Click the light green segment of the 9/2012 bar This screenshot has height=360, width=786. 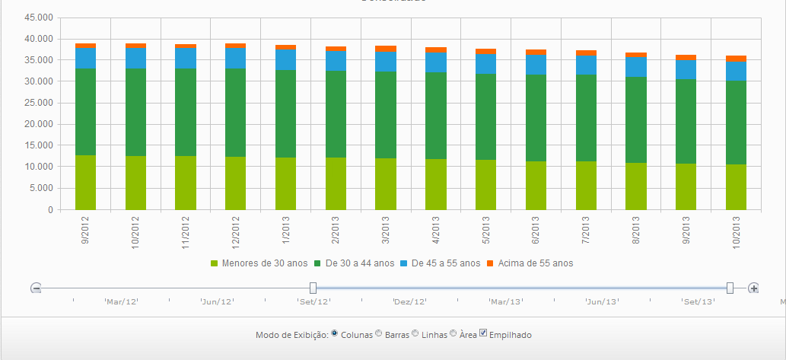85,182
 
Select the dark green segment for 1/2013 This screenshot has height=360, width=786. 285,113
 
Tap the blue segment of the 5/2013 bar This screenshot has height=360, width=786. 485,64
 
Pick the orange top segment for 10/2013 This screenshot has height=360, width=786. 736,59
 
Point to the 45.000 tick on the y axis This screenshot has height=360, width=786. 38,18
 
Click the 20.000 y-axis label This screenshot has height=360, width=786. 38,124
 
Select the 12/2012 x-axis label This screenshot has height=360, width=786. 236,231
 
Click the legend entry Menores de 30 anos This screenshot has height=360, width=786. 259,263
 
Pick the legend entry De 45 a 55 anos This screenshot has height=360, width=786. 441,263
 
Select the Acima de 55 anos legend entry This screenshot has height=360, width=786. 530,263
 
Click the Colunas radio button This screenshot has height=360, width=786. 335,333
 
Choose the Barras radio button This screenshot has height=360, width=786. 379,333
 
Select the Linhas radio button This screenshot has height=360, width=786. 415,333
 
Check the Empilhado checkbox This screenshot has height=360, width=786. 483,333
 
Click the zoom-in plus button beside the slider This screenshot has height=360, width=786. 753,288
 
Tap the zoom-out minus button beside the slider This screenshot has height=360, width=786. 36,288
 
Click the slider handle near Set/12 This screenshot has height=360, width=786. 313,288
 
